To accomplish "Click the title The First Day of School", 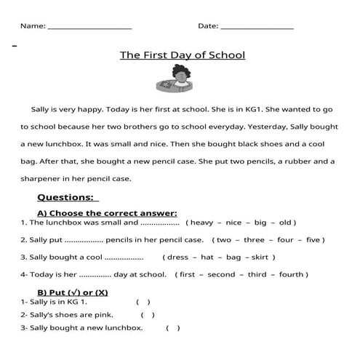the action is coord(182,55).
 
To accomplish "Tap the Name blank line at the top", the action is coord(89,27).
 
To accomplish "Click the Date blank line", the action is coord(256,27).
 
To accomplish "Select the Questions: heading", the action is coord(67,197).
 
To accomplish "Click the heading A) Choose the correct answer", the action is coord(107,213).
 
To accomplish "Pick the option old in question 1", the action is coord(285,223).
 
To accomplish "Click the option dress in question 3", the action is coord(178,257).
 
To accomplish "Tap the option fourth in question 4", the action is coord(292,275).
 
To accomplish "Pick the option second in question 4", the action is coord(221,275).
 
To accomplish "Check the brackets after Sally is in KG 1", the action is coord(143,301).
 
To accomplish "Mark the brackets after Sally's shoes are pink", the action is coord(148,315).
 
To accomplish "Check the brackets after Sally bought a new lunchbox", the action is coord(173,329).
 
